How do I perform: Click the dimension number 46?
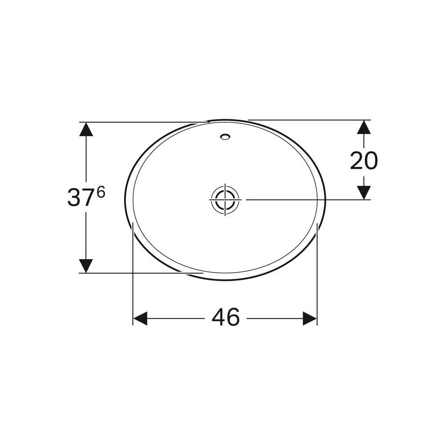click(226, 317)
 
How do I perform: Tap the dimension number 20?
click(364, 161)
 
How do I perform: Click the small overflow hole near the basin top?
click(225, 137)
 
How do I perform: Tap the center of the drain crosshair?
click(225, 200)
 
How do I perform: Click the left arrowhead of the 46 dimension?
click(140, 319)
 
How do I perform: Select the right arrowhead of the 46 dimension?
click(310, 319)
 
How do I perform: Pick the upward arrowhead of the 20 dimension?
click(364, 127)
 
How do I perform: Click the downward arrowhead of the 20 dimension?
click(364, 193)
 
